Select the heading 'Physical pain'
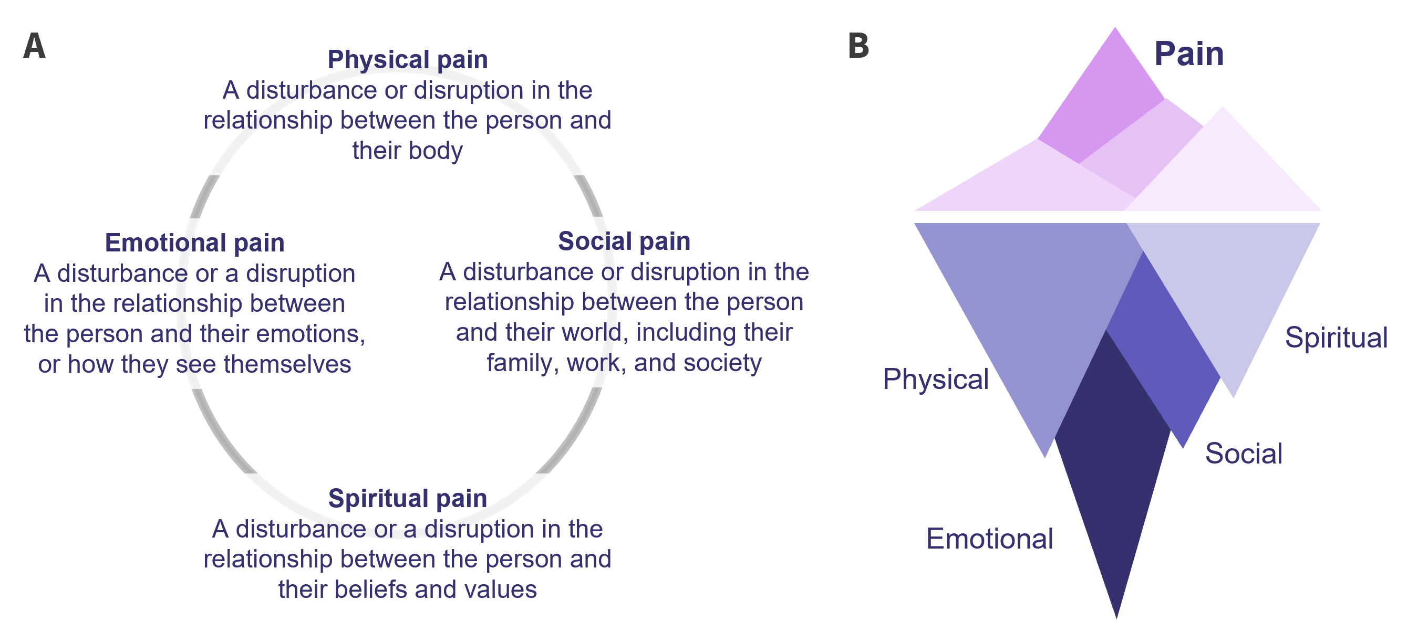[x=408, y=59]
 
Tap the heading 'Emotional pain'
[x=194, y=243]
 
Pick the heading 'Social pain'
[x=624, y=241]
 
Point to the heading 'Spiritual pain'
[x=408, y=498]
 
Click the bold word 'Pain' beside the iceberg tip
[x=1188, y=54]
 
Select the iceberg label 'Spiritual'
[x=1336, y=338]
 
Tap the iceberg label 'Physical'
[x=936, y=379]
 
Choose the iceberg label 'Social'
[x=1244, y=453]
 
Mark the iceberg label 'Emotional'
[x=989, y=539]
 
